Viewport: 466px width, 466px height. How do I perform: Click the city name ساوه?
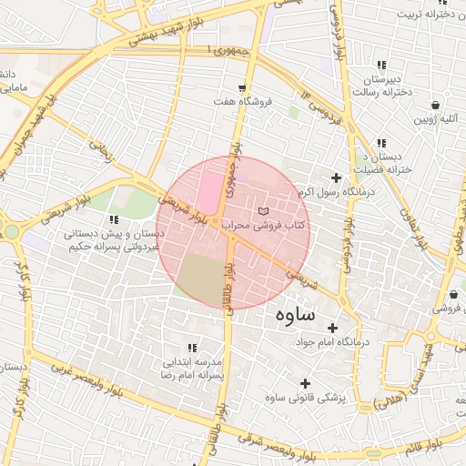[295, 315]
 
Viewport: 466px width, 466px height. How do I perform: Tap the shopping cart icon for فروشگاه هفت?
[241, 87]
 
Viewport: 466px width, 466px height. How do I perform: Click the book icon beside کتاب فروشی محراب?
[265, 210]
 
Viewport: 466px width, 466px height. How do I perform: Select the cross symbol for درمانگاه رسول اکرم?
[337, 177]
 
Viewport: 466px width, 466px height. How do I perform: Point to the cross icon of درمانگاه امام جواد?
[332, 328]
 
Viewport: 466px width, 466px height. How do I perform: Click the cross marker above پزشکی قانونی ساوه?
[306, 383]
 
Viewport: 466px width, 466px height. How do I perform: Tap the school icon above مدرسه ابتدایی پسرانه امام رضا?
[191, 348]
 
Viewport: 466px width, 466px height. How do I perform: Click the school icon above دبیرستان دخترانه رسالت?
[381, 66]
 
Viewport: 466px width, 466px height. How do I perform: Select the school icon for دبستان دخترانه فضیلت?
[381, 143]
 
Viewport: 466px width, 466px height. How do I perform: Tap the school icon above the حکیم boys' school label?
[114, 219]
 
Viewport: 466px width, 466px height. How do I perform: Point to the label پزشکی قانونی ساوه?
[307, 398]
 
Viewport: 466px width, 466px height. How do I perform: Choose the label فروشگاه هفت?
[242, 102]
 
